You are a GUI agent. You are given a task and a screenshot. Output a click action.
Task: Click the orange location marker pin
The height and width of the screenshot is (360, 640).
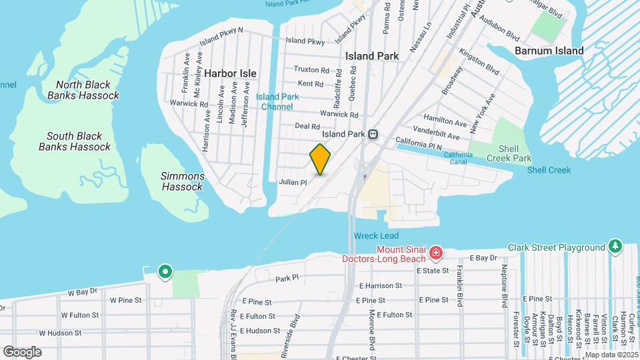coord(321,159)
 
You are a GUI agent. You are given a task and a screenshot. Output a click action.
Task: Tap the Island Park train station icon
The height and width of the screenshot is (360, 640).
coord(373,134)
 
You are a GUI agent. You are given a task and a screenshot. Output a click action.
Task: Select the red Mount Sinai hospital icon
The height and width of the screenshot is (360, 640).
coord(436,253)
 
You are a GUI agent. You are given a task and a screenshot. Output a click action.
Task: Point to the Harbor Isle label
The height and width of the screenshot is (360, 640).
coord(231,73)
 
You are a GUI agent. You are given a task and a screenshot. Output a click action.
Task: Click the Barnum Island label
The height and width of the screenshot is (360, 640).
coord(549,51)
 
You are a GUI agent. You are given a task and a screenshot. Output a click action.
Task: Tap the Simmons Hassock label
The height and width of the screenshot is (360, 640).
coord(183,181)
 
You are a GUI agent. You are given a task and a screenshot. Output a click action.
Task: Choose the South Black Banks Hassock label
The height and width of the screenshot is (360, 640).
coord(74,141)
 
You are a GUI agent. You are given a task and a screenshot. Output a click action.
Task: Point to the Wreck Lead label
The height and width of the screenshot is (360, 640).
coord(376,236)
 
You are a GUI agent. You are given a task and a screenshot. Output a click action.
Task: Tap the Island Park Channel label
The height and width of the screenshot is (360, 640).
coord(277,101)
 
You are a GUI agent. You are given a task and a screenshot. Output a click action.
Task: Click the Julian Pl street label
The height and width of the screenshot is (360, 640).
coord(293,181)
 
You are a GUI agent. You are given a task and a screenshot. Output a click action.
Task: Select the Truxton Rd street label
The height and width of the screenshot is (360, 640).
coord(312,69)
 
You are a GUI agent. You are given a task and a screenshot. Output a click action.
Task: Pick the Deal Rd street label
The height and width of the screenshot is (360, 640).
coord(307,125)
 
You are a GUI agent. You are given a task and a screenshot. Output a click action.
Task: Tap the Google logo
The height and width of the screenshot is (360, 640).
coord(23,351)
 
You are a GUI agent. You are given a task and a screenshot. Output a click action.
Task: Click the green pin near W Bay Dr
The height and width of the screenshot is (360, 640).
coord(165,271)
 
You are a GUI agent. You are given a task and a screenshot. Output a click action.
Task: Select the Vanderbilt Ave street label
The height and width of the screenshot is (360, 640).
coord(437,136)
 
